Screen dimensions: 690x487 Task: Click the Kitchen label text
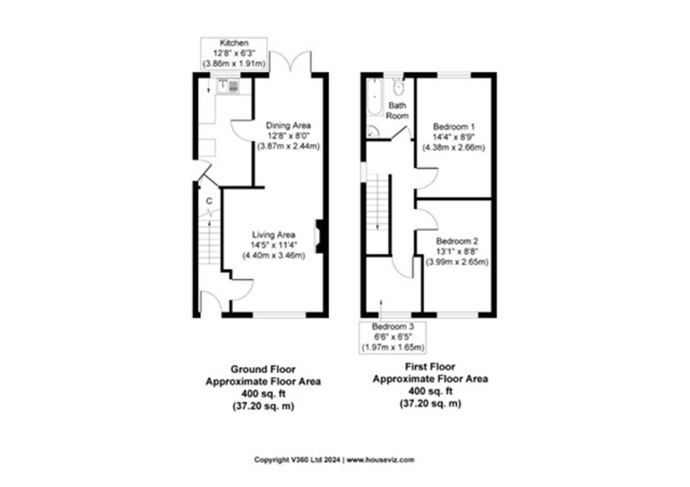(x=234, y=43)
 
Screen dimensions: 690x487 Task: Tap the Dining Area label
(x=288, y=126)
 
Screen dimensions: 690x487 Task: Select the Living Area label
(x=274, y=235)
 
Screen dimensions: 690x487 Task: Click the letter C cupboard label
(x=209, y=201)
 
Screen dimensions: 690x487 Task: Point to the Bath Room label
(x=397, y=111)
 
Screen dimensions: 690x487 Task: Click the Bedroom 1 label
(x=454, y=126)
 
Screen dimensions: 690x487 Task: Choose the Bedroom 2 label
(x=457, y=241)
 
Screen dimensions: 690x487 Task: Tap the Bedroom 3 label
(x=393, y=326)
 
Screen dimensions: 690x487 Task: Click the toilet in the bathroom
(x=398, y=87)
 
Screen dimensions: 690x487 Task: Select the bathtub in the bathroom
(x=374, y=97)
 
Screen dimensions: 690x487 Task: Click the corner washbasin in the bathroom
(x=373, y=132)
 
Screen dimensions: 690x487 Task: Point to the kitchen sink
(x=228, y=86)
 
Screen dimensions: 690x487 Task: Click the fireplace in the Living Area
(x=319, y=236)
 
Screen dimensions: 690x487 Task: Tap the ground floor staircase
(x=209, y=240)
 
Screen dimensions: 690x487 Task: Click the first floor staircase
(x=377, y=202)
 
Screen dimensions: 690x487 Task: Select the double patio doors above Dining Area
(x=290, y=61)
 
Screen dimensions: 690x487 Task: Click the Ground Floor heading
(x=263, y=369)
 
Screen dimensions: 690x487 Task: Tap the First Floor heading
(x=430, y=367)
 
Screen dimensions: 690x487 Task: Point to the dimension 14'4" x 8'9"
(x=454, y=137)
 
